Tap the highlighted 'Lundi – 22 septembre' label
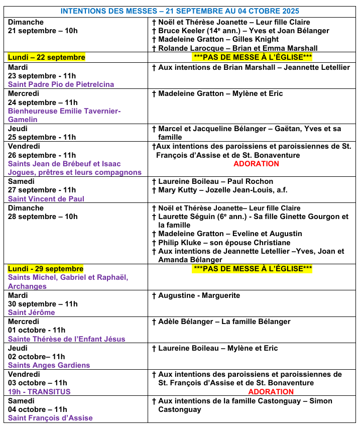click(x=46, y=57)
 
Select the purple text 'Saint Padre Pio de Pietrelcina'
click(x=61, y=84)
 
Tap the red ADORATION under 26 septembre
click(x=256, y=164)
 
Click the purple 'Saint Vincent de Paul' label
click(x=46, y=198)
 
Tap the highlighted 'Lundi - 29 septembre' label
click(x=46, y=269)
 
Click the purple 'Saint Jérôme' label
click(x=31, y=312)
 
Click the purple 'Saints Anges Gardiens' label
click(x=49, y=365)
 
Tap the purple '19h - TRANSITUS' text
click(x=39, y=392)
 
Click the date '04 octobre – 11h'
click(x=38, y=409)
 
